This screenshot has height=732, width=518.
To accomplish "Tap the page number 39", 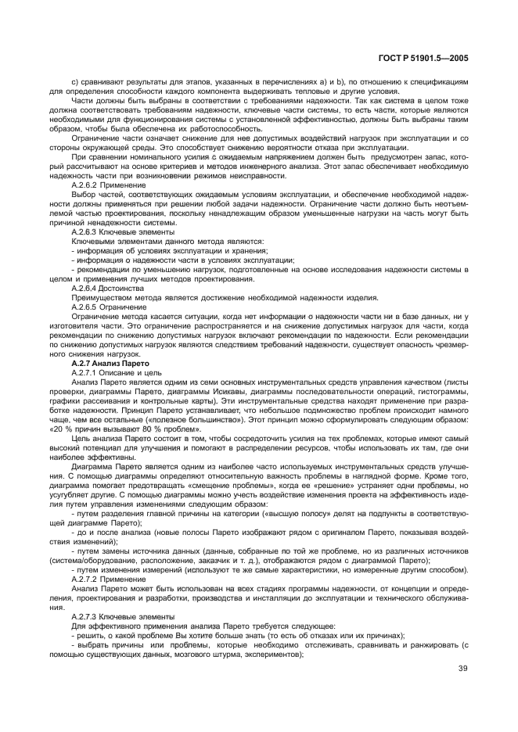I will tap(462, 669).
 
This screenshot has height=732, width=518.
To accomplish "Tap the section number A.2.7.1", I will tap(85, 373).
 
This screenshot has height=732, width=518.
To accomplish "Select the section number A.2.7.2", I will tap(85, 579).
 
